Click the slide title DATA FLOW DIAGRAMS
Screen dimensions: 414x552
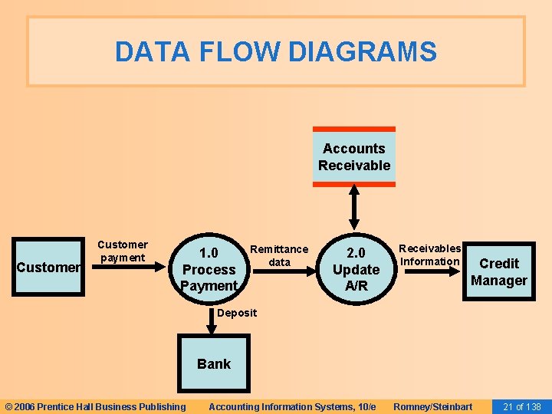(276, 52)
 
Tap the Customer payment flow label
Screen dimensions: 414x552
(122, 251)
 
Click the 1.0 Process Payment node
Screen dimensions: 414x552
(209, 269)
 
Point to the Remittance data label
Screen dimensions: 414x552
(279, 255)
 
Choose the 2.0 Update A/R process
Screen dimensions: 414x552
(356, 269)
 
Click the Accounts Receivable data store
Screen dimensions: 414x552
(354, 157)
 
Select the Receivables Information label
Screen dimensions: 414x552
(430, 255)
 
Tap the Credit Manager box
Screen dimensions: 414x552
(499, 271)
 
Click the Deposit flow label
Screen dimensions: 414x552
(237, 312)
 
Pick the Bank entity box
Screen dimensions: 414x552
(213, 363)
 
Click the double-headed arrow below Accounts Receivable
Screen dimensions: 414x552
(354, 208)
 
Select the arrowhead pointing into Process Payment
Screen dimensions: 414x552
(173, 268)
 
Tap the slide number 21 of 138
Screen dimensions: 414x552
(522, 406)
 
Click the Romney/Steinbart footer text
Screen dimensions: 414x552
(432, 406)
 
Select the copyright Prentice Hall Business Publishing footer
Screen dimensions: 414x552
(95, 406)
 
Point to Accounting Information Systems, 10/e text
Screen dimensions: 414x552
(292, 406)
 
